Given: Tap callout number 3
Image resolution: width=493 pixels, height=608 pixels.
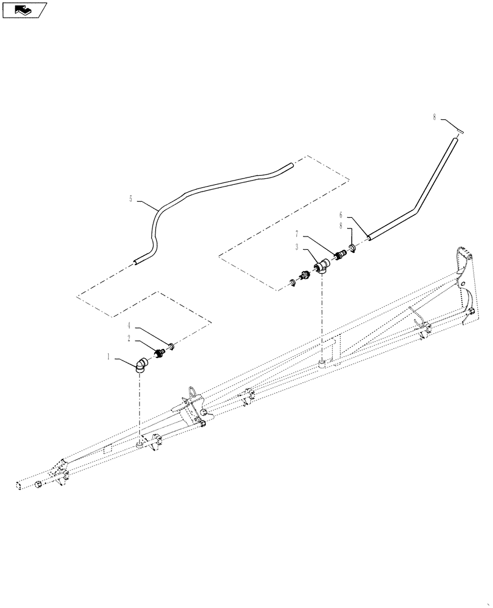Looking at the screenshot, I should point(297,247).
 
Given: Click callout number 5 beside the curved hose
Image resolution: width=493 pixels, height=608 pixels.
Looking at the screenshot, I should point(131,199).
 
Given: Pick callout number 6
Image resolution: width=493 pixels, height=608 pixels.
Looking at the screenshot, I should point(341,215).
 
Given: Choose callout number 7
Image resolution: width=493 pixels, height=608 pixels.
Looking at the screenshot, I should point(297,234).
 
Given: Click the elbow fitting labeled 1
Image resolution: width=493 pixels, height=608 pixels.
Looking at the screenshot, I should point(143,364).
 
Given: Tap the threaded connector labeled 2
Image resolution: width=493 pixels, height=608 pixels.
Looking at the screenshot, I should point(160,353).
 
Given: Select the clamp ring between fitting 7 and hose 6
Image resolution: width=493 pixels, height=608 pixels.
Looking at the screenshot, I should point(353,248).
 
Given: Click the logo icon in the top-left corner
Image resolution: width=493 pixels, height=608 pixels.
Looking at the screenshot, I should point(24,10).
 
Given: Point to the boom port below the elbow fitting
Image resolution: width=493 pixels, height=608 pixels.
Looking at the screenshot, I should point(141,446).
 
